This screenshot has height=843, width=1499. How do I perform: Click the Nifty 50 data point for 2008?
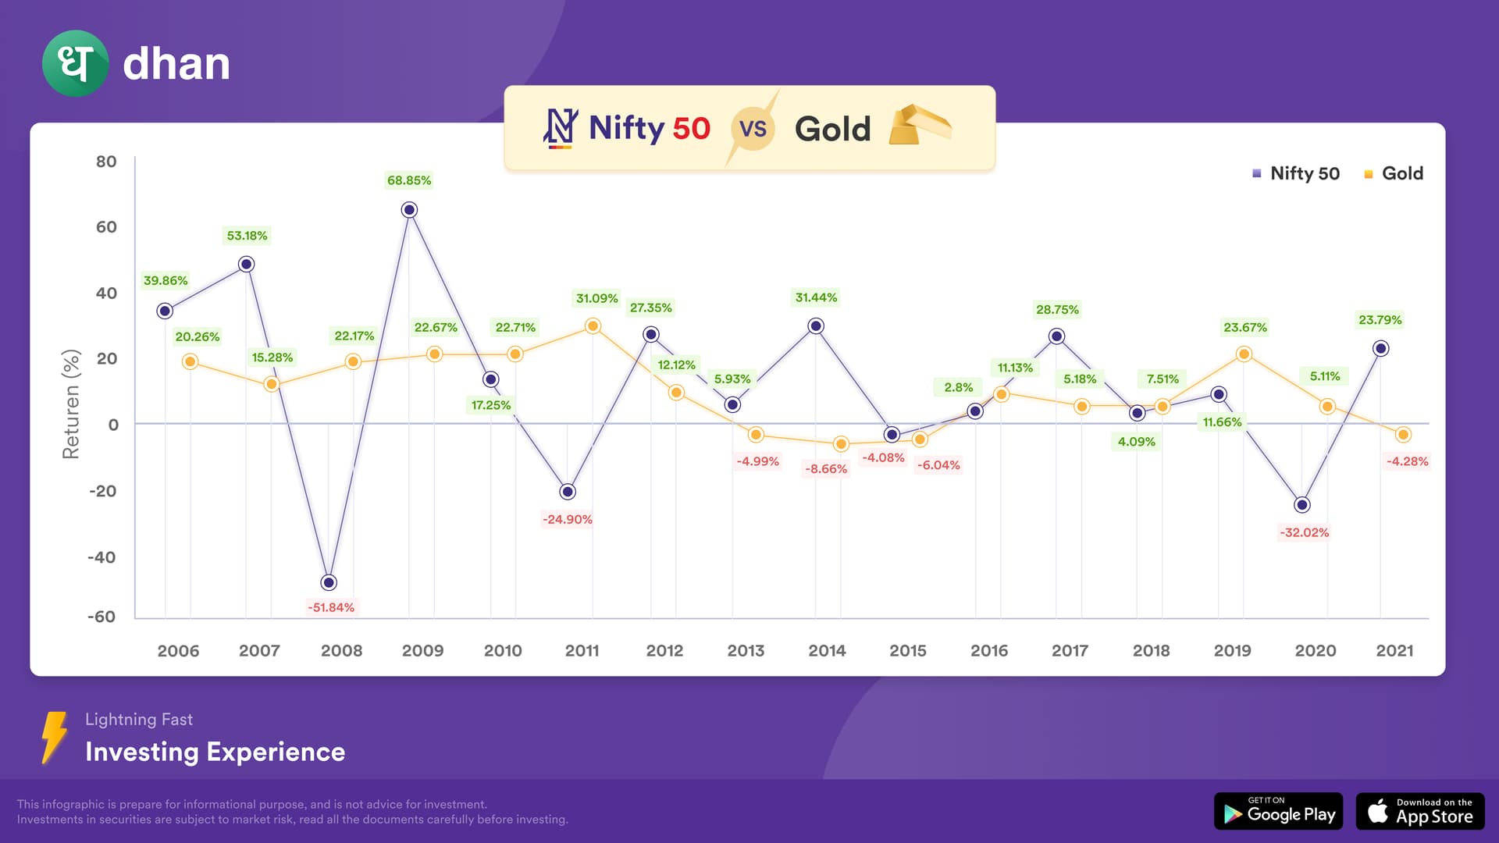click(329, 582)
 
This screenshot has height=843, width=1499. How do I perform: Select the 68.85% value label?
click(409, 180)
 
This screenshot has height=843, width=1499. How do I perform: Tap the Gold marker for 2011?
click(593, 326)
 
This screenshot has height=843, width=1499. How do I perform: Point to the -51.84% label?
click(331, 607)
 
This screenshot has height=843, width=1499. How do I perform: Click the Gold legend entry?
click(1394, 173)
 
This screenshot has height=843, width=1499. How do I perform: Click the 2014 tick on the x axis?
click(827, 650)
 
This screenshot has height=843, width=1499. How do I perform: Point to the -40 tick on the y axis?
click(101, 557)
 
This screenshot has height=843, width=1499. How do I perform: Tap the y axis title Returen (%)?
click(71, 404)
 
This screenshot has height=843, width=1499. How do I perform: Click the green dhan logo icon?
click(75, 63)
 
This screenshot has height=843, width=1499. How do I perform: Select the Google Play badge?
click(1278, 812)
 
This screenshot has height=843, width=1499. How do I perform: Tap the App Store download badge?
click(1420, 812)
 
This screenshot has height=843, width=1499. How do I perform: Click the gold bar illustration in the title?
click(920, 126)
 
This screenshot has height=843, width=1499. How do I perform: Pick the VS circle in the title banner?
click(753, 128)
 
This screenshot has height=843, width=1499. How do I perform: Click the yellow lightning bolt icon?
click(54, 736)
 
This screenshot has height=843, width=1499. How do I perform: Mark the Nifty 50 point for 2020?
click(1301, 505)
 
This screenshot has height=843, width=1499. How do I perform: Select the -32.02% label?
click(1304, 532)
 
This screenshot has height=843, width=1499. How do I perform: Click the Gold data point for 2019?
click(1244, 354)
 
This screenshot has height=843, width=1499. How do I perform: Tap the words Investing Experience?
click(215, 752)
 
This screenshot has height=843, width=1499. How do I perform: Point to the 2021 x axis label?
click(1394, 650)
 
